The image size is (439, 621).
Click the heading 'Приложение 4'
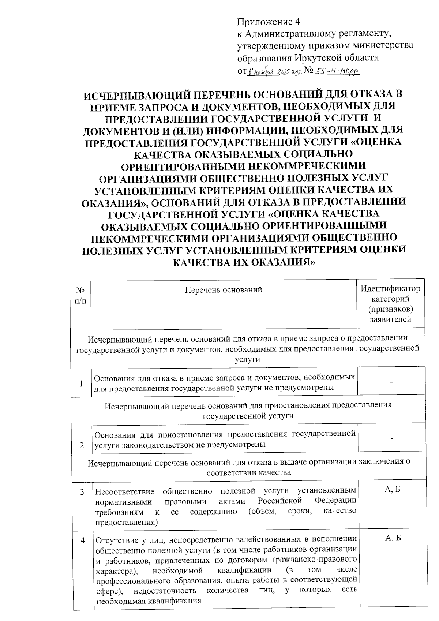pyautogui.click(x=268, y=22)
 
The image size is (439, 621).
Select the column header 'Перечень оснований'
pyautogui.click(x=223, y=290)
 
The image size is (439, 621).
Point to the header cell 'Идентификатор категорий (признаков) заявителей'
pyautogui.click(x=390, y=304)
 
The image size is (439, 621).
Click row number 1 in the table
pyautogui.click(x=81, y=384)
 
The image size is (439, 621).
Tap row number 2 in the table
pyautogui.click(x=82, y=445)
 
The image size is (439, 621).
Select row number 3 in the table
pyautogui.click(x=82, y=492)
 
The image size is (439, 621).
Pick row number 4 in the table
pyautogui.click(x=83, y=540)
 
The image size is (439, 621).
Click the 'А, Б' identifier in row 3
pyautogui.click(x=393, y=490)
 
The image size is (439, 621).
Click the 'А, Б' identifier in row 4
pyautogui.click(x=393, y=538)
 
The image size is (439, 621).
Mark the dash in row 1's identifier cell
pyautogui.click(x=391, y=383)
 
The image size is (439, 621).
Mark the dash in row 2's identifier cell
pyautogui.click(x=392, y=438)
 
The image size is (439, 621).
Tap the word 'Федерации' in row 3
pyautogui.click(x=335, y=500)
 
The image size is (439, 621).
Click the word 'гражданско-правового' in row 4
pyautogui.click(x=315, y=560)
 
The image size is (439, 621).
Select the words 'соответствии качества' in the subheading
pyautogui.click(x=249, y=472)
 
